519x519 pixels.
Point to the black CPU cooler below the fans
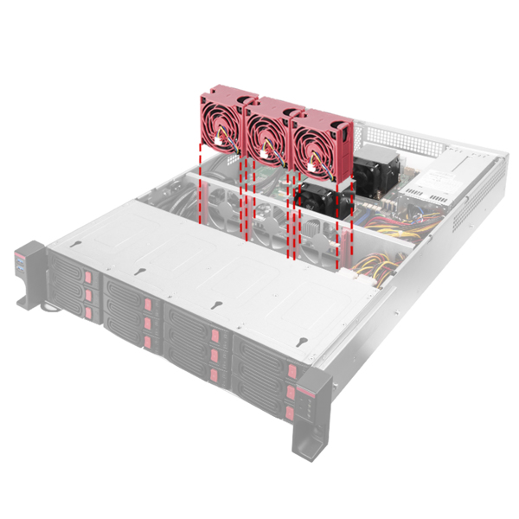coord(324,197)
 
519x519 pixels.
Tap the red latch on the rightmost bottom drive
coord(290,413)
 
